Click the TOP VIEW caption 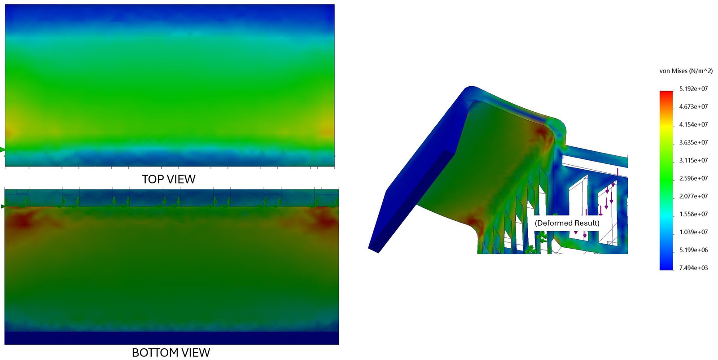pyautogui.click(x=169, y=179)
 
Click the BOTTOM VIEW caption pyautogui.click(x=171, y=353)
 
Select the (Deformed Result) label pyautogui.click(x=567, y=223)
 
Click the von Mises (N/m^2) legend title pyautogui.click(x=686, y=71)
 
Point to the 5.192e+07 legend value pyautogui.click(x=693, y=89)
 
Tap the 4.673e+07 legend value pyautogui.click(x=693, y=107)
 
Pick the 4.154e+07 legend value pyautogui.click(x=693, y=125)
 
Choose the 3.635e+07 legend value pyautogui.click(x=693, y=143)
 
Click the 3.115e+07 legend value pyautogui.click(x=693, y=161)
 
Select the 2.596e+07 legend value pyautogui.click(x=693, y=179)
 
